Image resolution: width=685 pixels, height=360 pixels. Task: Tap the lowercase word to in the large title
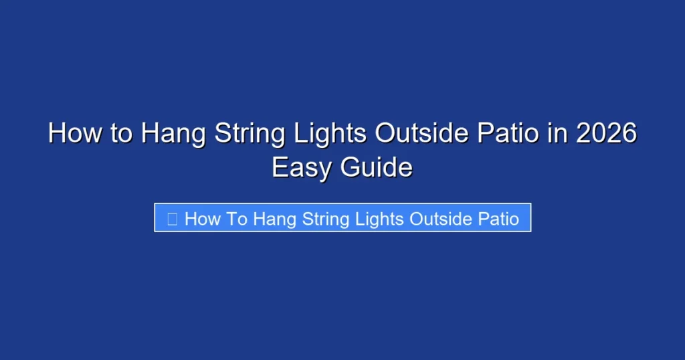(122, 134)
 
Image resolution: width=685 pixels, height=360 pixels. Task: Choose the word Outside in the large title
(420, 134)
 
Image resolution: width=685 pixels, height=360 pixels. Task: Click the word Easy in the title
(302, 167)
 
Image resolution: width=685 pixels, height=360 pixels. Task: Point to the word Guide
(377, 167)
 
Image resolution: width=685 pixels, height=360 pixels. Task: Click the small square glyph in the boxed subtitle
(172, 218)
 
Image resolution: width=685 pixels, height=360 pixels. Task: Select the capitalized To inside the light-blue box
(234, 218)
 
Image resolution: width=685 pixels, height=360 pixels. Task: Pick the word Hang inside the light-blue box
(274, 219)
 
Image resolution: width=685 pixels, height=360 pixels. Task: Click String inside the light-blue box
(324, 219)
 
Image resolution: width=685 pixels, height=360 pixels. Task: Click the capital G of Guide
(351, 167)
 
